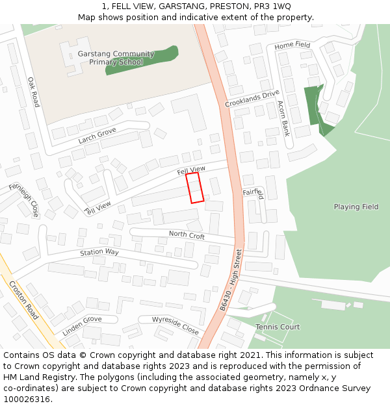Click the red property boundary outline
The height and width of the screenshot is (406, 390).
point(194,188)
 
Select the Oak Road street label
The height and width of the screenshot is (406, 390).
point(33,92)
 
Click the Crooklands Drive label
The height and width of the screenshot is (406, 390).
point(252,99)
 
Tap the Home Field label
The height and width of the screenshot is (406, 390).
point(292,45)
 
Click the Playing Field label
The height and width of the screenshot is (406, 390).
point(356,207)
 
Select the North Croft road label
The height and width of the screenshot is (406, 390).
point(187,235)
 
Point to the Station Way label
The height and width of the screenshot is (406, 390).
point(99,252)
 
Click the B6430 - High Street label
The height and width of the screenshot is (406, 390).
point(230,279)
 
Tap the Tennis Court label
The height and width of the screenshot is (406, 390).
point(278,327)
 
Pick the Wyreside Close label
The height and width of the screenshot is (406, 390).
point(175,325)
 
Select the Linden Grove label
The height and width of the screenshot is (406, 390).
point(82,326)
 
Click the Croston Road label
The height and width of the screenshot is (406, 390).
point(23,299)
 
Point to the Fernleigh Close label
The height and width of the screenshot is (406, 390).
point(23,199)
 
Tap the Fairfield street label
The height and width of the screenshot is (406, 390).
point(253,193)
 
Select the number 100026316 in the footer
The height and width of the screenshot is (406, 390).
point(27,400)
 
